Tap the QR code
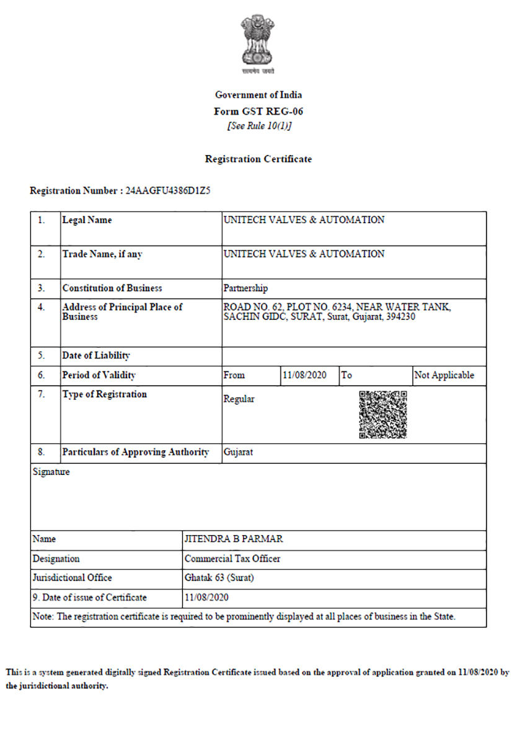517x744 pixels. [x=383, y=415]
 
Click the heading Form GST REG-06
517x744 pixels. [x=258, y=112]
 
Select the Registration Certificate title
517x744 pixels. [x=258, y=159]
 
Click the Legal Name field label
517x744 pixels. [x=87, y=220]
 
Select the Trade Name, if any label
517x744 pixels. [x=102, y=254]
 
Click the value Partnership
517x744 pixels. [x=245, y=288]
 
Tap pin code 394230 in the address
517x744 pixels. [x=400, y=317]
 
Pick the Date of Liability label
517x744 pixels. [x=96, y=356]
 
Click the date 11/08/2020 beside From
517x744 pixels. [x=304, y=375]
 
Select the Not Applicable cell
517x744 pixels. [x=444, y=375]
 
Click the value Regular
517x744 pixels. [x=239, y=399]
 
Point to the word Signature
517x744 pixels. [x=51, y=472]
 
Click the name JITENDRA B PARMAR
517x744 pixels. [x=234, y=539]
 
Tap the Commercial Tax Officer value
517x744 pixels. [x=232, y=559]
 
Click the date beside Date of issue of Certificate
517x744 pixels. [x=207, y=598]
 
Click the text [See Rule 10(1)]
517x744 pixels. [x=258, y=126]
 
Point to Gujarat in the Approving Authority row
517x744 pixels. [x=238, y=453]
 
